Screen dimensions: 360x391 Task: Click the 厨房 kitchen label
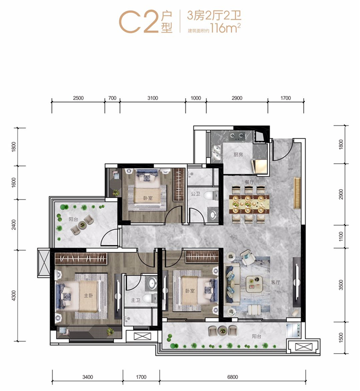238,155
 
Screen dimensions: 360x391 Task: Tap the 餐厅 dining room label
249,182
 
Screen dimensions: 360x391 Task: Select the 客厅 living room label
275,282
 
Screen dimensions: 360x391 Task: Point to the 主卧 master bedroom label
89,296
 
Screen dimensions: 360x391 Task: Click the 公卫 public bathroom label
196,194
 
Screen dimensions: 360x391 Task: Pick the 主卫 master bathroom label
135,300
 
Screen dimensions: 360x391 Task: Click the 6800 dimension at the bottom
232,377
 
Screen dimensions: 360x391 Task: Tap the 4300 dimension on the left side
13,296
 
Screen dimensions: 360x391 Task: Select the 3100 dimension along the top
153,98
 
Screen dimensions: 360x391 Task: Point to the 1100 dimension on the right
341,236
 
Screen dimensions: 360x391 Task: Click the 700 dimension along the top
112,98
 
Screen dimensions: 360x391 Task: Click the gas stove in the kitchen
237,136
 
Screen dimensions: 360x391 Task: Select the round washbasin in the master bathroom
151,283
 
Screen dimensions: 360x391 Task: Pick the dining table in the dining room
249,205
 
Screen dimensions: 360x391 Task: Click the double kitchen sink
217,153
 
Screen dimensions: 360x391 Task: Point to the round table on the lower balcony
222,331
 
